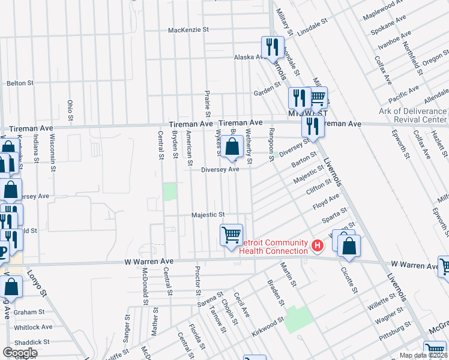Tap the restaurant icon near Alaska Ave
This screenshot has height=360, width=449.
272,47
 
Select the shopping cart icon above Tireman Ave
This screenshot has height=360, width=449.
318,97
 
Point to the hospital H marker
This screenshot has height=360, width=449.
318,245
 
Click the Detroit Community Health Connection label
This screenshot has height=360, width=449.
274,246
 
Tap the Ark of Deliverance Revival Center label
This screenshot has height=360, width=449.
413,115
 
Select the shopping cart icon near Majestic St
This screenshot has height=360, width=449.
232,235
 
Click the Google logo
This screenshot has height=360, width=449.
20,352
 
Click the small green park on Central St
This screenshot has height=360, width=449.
170,192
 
